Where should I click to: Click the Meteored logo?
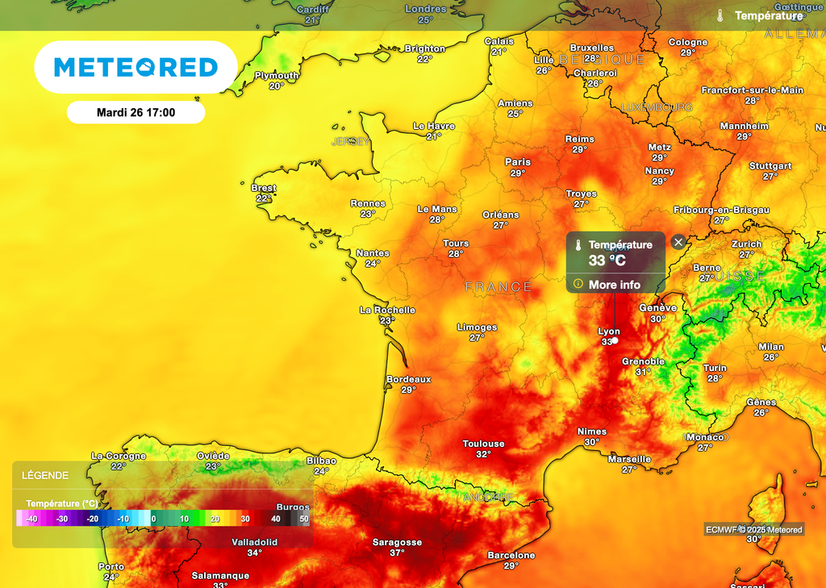(x=136, y=67)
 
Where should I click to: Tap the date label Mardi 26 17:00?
(x=136, y=113)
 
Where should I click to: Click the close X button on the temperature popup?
(x=678, y=241)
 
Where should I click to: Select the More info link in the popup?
(x=614, y=285)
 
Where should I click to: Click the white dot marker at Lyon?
(x=615, y=340)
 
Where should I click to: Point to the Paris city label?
(x=518, y=162)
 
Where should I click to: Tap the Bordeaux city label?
(x=409, y=379)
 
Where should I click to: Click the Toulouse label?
(x=483, y=444)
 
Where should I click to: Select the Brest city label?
(x=264, y=188)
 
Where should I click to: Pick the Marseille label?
(x=630, y=459)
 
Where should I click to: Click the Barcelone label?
(x=511, y=555)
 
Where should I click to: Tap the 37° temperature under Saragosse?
(x=397, y=553)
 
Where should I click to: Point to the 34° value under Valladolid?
(x=255, y=553)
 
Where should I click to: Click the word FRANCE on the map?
(x=499, y=286)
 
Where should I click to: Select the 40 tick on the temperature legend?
(x=276, y=519)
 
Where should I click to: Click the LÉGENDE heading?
(x=45, y=476)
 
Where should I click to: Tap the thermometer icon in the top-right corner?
(x=720, y=15)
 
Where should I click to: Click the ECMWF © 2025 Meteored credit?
(x=754, y=529)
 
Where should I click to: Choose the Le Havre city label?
(x=434, y=126)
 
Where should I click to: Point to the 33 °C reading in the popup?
(x=607, y=261)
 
